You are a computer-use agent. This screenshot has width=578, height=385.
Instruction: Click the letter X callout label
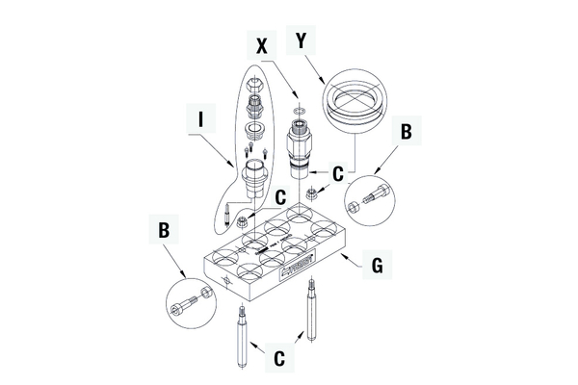point(262,44)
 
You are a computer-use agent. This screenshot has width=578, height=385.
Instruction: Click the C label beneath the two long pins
point(277,358)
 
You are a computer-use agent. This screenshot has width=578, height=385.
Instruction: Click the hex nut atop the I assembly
point(252,85)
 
